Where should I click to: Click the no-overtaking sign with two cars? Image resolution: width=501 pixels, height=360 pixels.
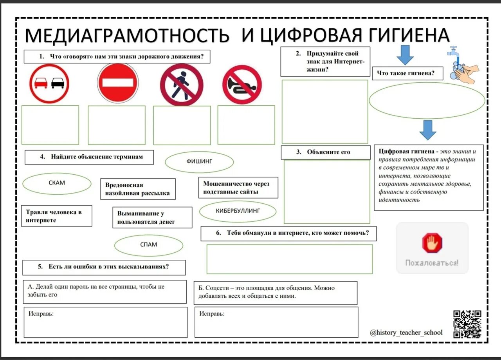coord(49,83)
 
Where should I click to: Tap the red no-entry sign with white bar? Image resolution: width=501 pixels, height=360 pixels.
coord(117,83)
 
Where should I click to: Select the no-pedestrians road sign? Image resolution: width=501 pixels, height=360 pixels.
coord(182,85)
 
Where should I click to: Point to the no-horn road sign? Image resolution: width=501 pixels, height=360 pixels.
coord(242,85)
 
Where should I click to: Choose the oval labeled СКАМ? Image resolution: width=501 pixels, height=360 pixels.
coord(57,183)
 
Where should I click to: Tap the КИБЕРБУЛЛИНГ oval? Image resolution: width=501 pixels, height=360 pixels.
coord(238,211)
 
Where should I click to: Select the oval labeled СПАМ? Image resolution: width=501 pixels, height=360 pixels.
coord(148,245)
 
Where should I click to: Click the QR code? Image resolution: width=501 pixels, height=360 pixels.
coord(467,324)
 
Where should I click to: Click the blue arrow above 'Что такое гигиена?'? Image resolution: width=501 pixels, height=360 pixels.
coord(405,55)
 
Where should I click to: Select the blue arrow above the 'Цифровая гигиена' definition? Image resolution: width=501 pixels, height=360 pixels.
coord(427,130)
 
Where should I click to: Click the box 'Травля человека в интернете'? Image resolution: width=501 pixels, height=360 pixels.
coord(56,216)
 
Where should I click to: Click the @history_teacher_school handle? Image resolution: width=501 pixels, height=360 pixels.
coord(406,333)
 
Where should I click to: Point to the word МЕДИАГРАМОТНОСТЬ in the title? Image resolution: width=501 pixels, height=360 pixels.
coord(127,36)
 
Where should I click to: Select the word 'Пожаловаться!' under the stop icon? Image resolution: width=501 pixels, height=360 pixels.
coord(432,263)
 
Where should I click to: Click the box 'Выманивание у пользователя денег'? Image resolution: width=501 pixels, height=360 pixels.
coord(152,217)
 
